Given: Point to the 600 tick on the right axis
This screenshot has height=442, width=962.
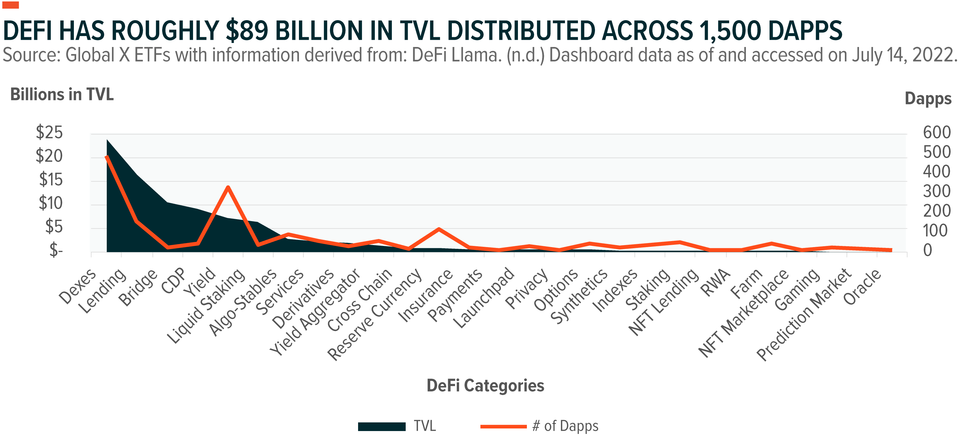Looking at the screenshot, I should click(937, 133).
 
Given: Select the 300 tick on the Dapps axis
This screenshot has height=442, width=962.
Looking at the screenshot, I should click(937, 191).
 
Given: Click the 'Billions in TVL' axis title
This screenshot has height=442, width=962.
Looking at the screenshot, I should click(62, 95).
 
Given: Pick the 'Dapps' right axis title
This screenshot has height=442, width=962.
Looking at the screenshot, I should click(928, 99).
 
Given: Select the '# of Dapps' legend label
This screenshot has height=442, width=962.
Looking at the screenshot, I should click(565, 426).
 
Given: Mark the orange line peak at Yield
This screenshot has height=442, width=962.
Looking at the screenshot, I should click(228, 187).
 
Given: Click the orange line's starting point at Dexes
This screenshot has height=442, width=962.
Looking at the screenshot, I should click(107, 157).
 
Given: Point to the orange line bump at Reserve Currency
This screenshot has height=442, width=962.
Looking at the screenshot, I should click(439, 229).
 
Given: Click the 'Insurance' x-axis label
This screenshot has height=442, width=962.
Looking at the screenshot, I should click(426, 295).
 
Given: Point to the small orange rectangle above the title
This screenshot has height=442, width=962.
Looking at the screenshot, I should click(10, 5).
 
